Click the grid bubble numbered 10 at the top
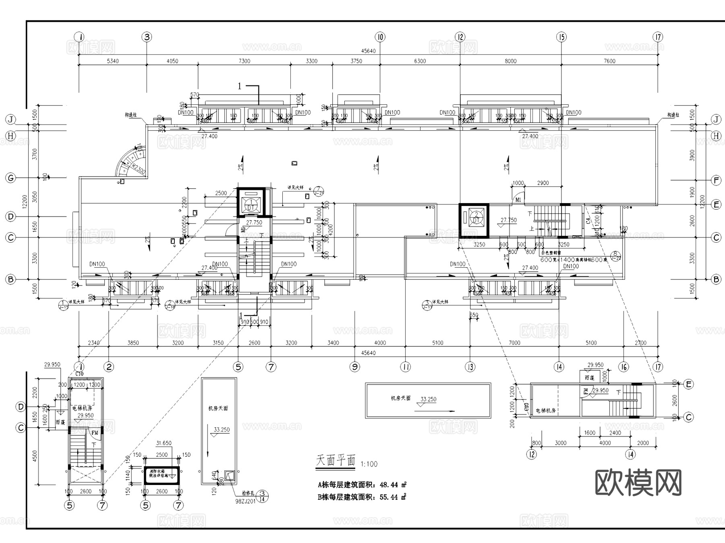pos(380,37)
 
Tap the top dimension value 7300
pos(244,61)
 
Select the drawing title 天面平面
pos(336,461)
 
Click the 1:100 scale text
pos(369,464)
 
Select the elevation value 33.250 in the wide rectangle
pos(428,399)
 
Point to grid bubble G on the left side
pos(11,178)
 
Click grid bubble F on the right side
pos(716,180)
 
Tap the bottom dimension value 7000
pos(514,343)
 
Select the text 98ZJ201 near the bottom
pos(245,501)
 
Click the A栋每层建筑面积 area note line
pos(362,485)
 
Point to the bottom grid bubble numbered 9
pos(354,367)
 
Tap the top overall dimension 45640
pos(368,51)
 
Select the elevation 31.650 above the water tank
pos(164,443)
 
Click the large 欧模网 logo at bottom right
pos(638,483)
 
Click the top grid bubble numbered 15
pos(561,37)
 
